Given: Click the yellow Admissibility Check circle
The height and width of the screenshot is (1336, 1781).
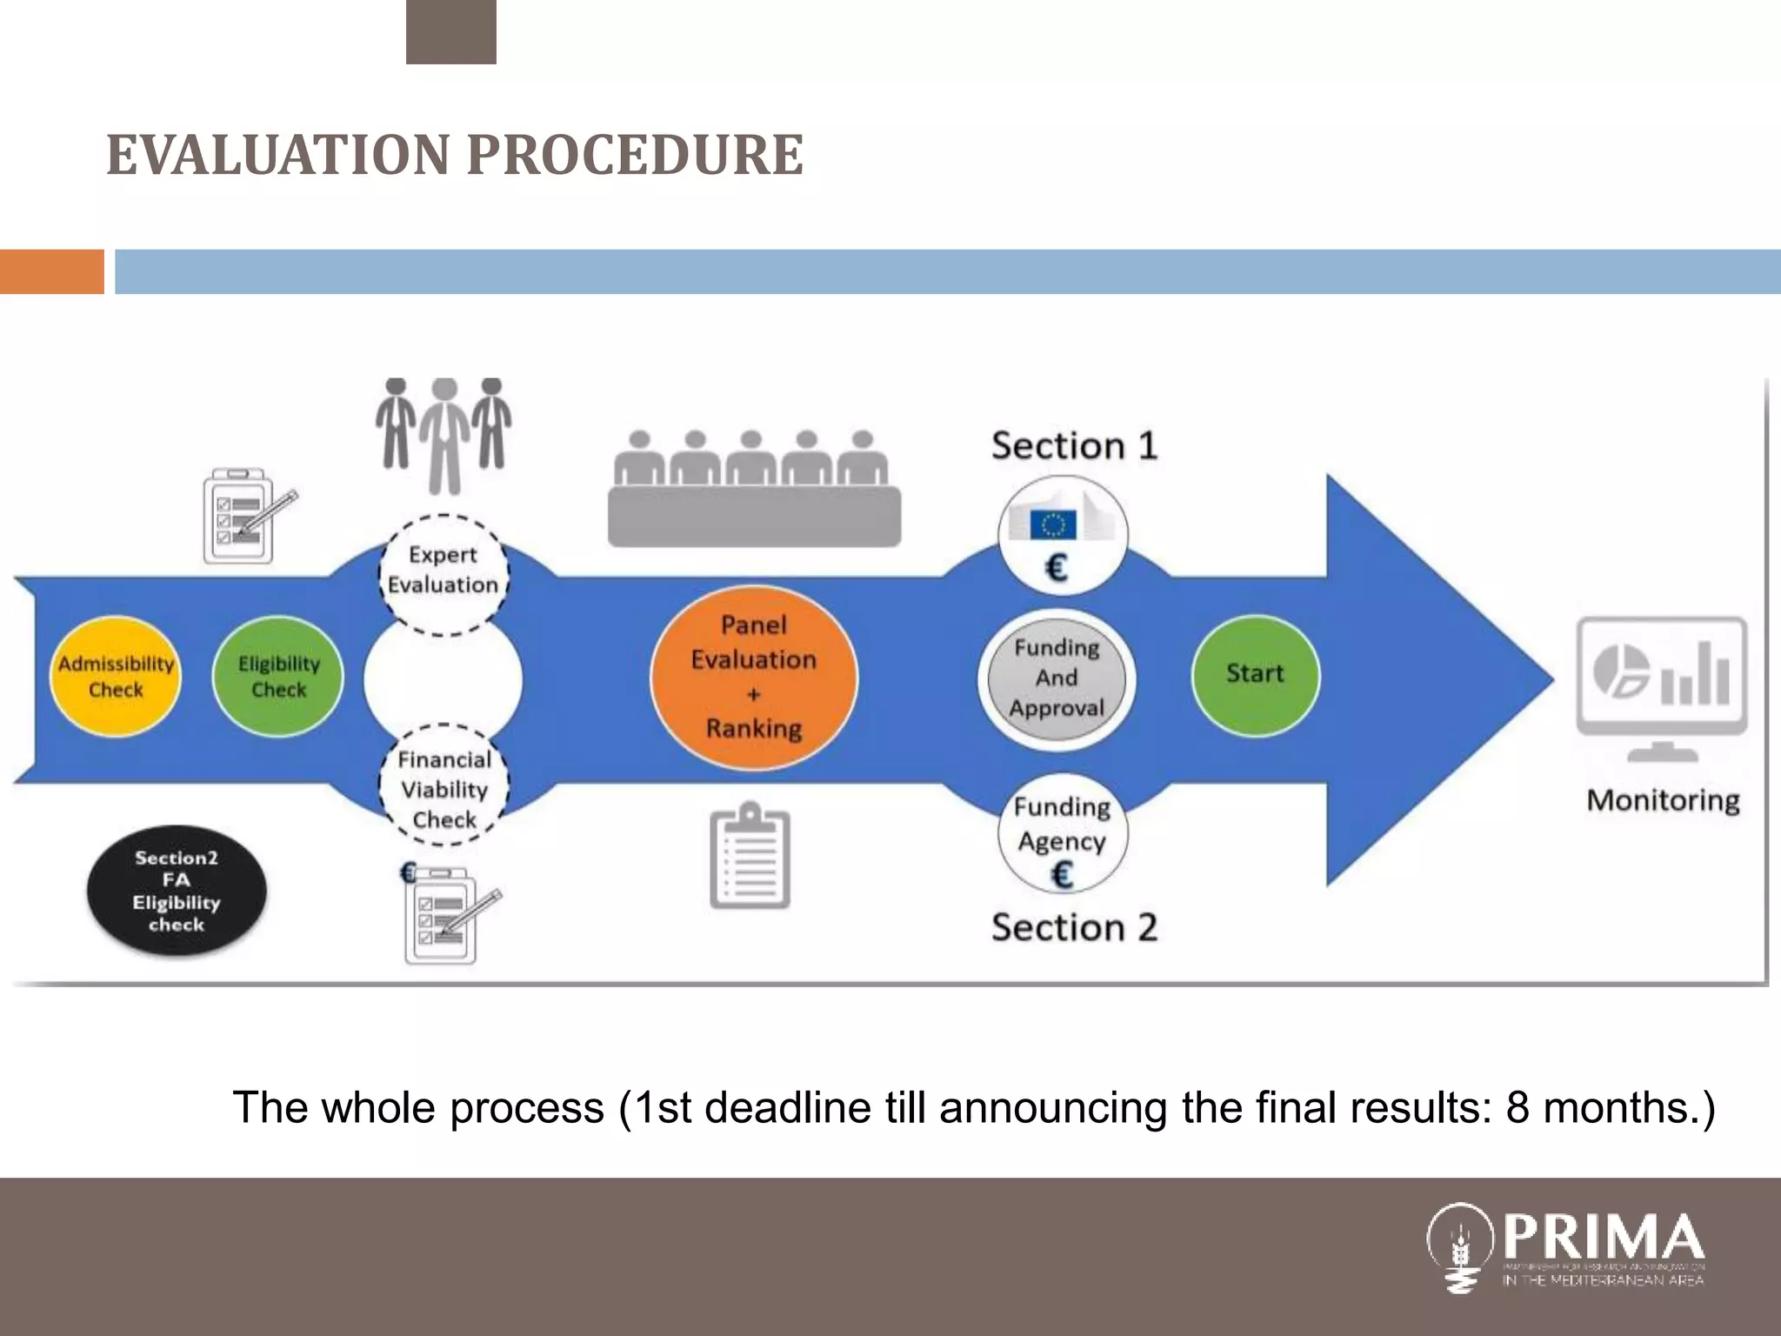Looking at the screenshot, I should point(116,677).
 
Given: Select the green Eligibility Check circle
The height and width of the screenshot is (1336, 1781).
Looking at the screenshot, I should point(278,677).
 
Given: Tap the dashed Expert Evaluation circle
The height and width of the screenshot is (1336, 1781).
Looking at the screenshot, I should point(444,571).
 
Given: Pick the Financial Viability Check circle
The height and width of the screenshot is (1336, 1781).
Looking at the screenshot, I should point(444,788).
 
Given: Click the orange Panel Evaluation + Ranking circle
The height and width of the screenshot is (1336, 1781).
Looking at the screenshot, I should point(754,677).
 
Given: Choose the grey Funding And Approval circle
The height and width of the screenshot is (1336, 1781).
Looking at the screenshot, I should point(1057,678).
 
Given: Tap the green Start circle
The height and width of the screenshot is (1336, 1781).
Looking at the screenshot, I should point(1255,674).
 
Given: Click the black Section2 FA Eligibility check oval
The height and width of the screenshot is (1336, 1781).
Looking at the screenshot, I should point(177,891).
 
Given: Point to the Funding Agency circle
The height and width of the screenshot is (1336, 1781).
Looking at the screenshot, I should point(1062,835).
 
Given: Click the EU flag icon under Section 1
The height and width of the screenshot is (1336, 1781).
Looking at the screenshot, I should point(1053,524).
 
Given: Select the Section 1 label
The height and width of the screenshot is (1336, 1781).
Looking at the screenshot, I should point(1075,446).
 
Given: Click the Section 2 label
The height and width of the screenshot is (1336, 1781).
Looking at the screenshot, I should point(1075,928).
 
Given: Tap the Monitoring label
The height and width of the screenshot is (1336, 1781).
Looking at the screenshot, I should point(1663,800).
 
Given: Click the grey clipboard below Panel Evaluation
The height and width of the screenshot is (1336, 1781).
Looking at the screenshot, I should point(750,857).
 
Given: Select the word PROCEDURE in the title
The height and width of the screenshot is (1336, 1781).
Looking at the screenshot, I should point(635,156).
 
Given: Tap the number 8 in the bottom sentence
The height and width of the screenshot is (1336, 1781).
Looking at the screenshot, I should point(1518,1108).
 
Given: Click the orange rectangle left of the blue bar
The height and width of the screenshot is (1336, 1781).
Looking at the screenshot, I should point(52,271).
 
